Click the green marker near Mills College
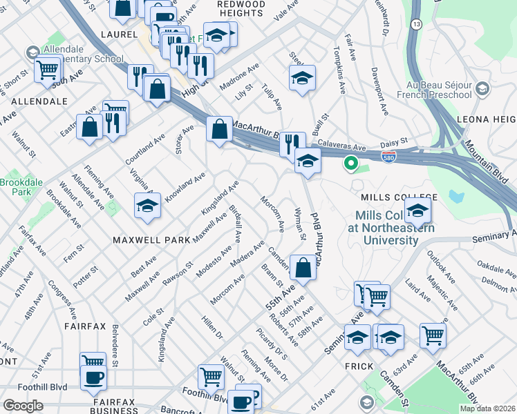pyautogui.click(x=350, y=164)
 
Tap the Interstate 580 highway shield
pyautogui.click(x=389, y=158)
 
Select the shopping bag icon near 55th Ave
pyautogui.click(x=303, y=266)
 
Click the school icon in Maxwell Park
pyautogui.click(x=147, y=206)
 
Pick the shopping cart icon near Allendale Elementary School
pyautogui.click(x=47, y=69)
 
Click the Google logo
pyautogui.click(x=23, y=405)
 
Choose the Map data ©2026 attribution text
pyautogui.click(x=487, y=408)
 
